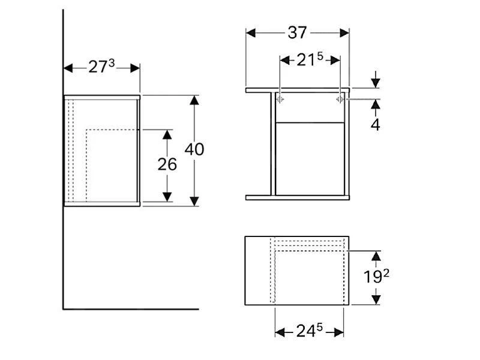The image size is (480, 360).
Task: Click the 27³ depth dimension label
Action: (x=101, y=67)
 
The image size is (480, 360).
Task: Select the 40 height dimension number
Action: (x=194, y=149)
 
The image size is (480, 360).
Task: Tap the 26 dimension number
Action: (x=167, y=164)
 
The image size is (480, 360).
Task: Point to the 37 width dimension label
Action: (x=297, y=32)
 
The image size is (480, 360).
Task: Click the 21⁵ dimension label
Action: (x=310, y=59)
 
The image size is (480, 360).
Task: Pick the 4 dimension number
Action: (x=375, y=125)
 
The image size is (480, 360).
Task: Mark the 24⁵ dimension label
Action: (x=310, y=331)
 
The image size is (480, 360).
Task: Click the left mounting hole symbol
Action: (x=280, y=99)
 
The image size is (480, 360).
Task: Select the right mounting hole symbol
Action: (x=339, y=99)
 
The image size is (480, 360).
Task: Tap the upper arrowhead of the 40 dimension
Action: (x=194, y=100)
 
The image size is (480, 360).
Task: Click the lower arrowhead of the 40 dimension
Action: (x=194, y=200)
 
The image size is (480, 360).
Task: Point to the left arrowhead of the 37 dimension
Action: (x=251, y=32)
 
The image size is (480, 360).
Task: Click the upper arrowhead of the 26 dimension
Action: (x=167, y=134)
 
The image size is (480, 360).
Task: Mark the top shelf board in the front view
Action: (x=298, y=90)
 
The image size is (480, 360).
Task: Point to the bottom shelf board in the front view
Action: (x=298, y=197)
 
